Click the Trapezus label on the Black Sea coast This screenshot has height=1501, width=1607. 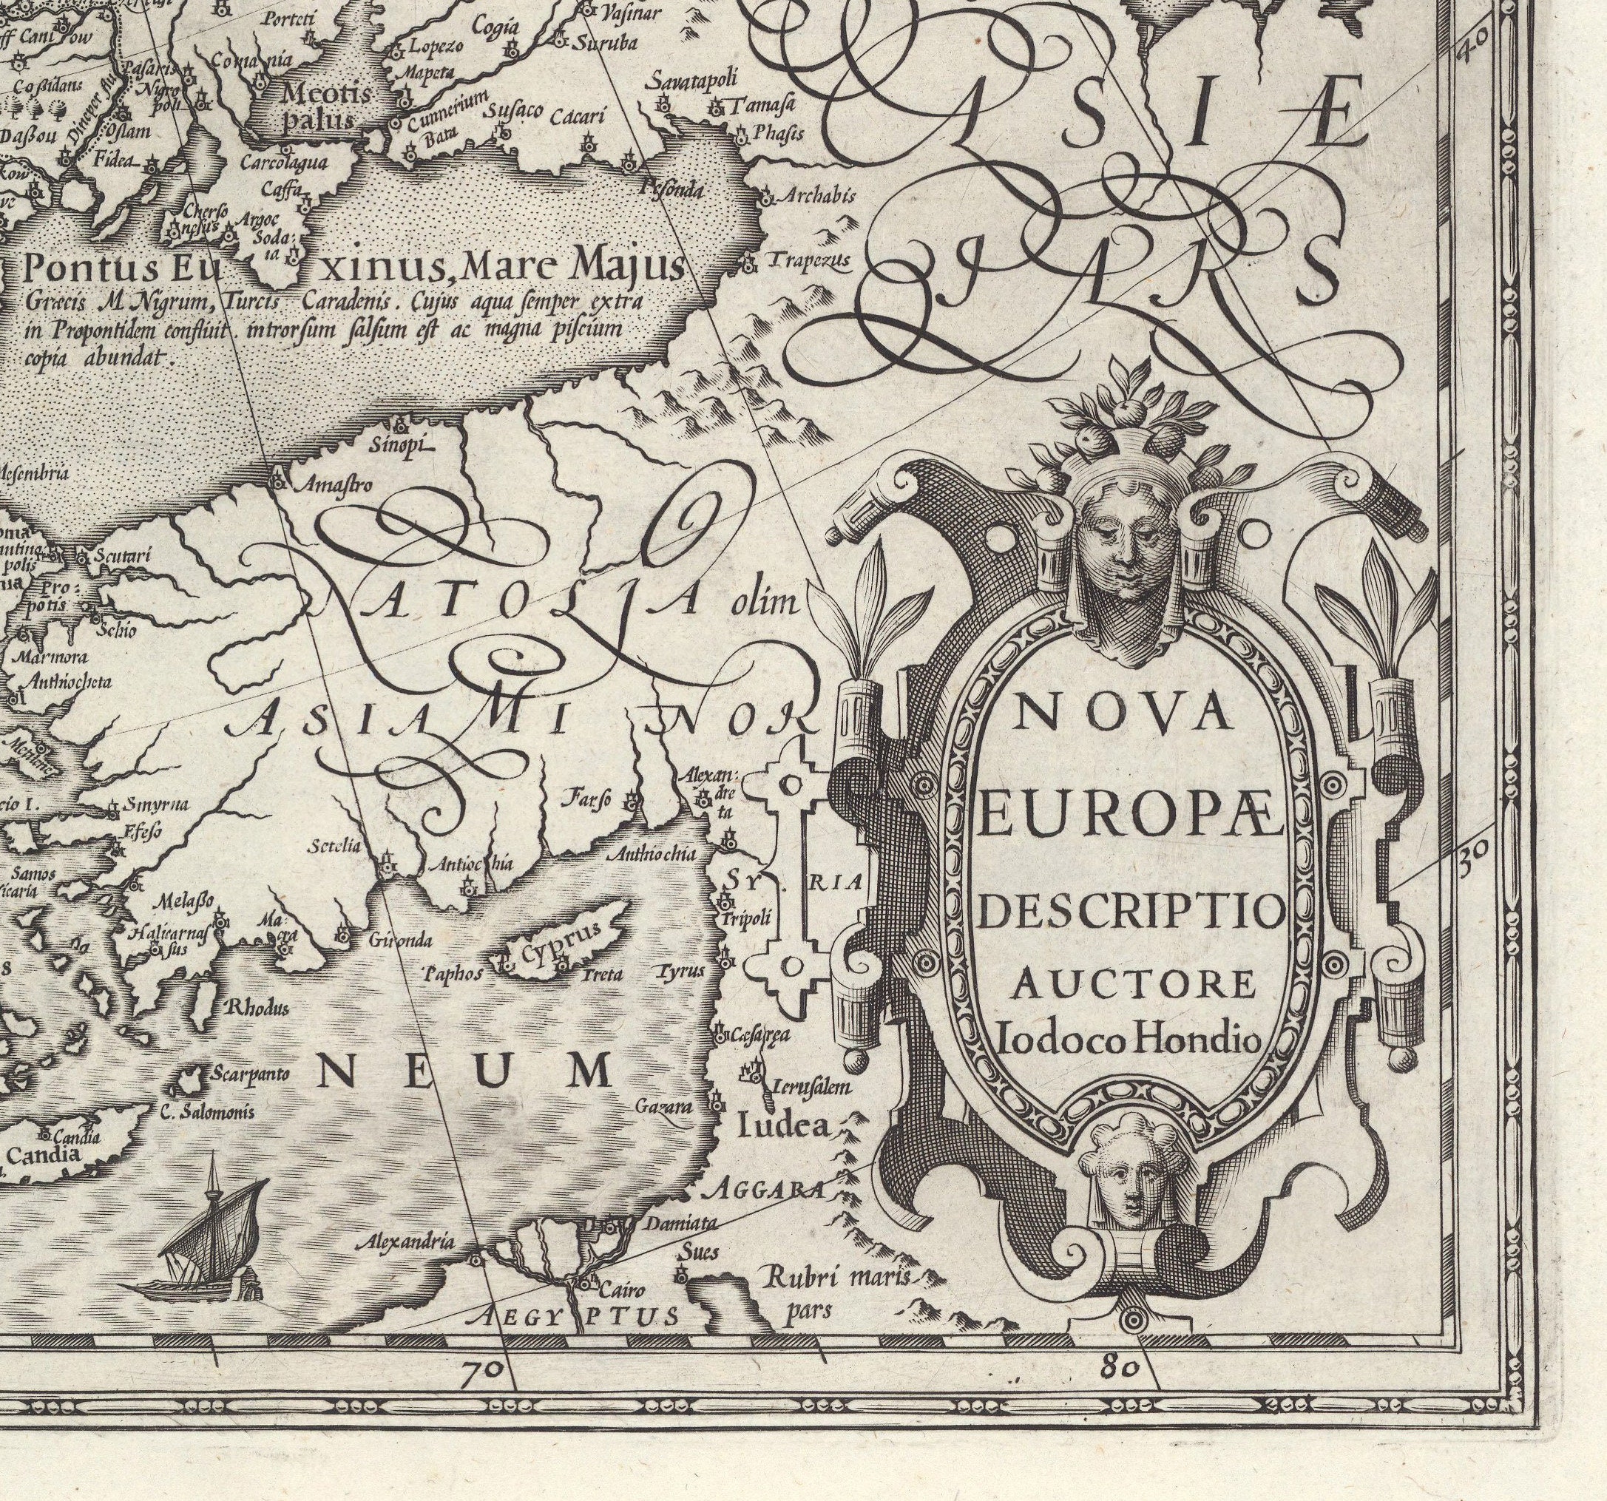tap(809, 260)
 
